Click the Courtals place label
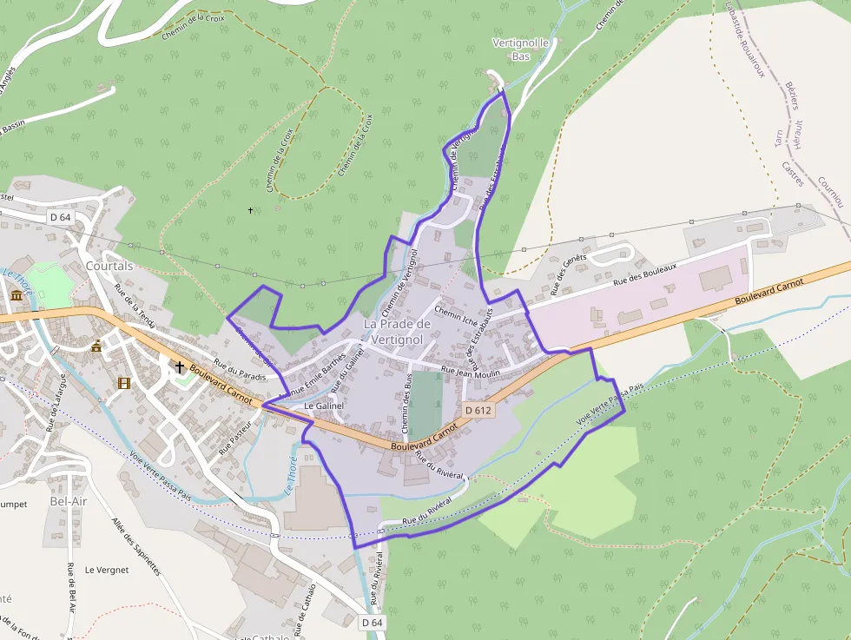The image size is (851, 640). (x=109, y=266)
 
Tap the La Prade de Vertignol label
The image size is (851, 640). (x=396, y=331)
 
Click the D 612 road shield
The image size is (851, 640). (x=478, y=410)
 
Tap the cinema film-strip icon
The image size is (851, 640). (x=124, y=383)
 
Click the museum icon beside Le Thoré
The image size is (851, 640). (x=16, y=297)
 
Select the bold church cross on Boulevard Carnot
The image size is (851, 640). (x=180, y=367)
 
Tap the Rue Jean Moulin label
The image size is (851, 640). (x=472, y=372)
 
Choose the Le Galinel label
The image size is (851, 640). (x=325, y=406)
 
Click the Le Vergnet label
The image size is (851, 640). (x=107, y=570)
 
